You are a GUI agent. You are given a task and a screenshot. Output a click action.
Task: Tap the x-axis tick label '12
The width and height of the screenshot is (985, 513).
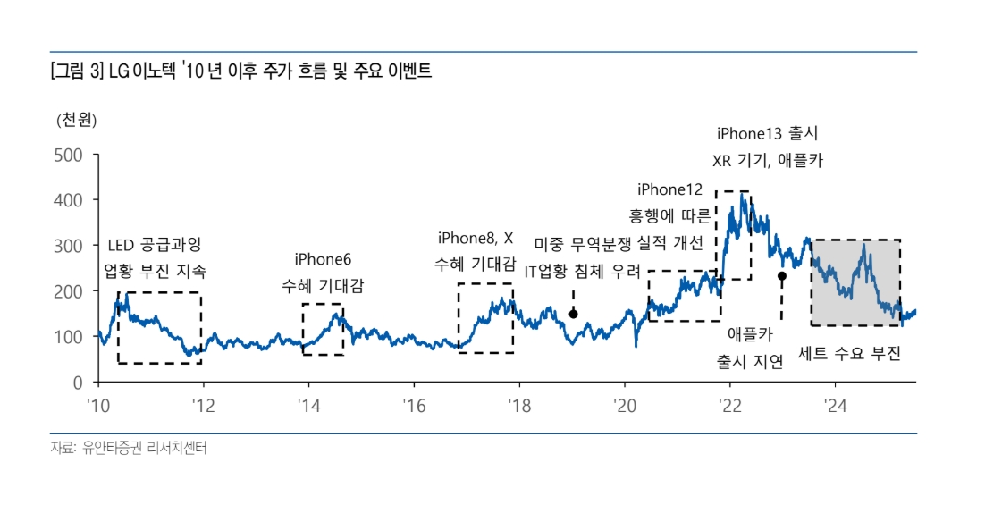coord(202,404)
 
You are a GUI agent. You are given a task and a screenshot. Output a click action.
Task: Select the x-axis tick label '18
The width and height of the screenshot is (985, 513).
coord(518,404)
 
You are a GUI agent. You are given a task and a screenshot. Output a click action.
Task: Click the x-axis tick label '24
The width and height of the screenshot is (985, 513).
coord(835,404)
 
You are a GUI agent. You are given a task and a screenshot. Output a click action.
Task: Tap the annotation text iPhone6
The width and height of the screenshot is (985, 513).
coord(323,259)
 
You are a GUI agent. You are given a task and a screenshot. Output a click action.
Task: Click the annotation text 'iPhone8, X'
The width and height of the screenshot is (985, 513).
coord(476,238)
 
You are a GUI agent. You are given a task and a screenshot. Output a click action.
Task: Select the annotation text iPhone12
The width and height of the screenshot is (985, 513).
coord(670,189)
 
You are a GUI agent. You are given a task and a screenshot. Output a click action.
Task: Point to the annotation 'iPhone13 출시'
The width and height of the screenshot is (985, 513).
coord(767,134)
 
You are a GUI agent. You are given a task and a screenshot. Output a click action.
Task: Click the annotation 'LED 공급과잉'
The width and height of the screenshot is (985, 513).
coord(155,244)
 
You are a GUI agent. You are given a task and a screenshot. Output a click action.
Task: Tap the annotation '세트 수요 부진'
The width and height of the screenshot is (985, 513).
coord(849,354)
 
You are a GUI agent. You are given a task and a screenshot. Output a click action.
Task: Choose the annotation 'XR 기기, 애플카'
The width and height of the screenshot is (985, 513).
coord(767,162)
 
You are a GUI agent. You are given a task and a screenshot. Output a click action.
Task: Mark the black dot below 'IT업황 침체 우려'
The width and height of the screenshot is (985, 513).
coord(573,314)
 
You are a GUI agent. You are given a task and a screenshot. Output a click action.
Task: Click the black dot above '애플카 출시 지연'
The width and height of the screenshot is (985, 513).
coord(782,276)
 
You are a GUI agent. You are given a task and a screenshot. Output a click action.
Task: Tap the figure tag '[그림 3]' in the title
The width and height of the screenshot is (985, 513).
coord(77,72)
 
